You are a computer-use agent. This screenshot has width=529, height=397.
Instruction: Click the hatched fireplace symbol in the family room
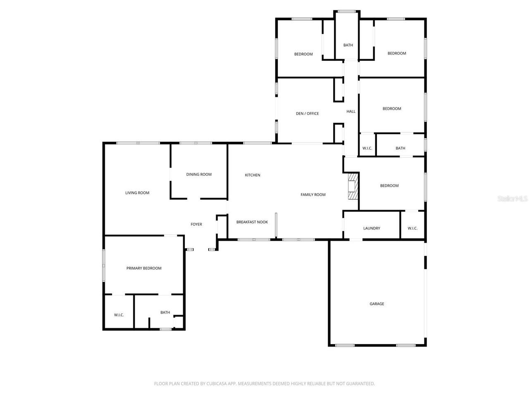point(353,187)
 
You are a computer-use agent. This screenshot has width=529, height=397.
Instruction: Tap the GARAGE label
point(376,304)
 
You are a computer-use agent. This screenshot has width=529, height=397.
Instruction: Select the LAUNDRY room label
point(372,228)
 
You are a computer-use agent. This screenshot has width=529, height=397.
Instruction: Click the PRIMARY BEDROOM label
point(144,268)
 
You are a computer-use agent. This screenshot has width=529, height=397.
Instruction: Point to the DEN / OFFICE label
point(307,114)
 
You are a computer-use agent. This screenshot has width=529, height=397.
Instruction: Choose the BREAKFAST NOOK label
point(252,222)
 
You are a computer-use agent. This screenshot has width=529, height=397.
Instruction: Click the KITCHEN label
point(253,175)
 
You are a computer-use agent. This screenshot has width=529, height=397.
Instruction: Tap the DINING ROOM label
point(199,175)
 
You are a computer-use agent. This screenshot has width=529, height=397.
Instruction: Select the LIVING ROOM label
point(137,193)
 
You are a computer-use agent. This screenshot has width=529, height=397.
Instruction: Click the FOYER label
point(196,225)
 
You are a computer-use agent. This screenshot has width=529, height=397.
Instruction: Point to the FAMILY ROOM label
point(313,195)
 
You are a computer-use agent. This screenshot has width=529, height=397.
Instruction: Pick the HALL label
point(351,112)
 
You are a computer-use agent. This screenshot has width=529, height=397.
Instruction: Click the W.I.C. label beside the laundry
point(412,228)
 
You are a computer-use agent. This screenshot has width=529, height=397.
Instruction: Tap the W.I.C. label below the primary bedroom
point(119,315)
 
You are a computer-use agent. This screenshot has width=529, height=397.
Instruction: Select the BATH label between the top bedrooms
point(348,45)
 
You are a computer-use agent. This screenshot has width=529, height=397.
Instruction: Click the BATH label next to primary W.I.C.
point(165,313)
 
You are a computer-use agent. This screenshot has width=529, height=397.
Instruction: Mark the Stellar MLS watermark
point(512,199)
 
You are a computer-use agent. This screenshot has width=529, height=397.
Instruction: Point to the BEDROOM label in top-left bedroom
point(303,54)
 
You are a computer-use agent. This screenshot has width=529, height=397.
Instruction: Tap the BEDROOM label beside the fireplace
point(389,186)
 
